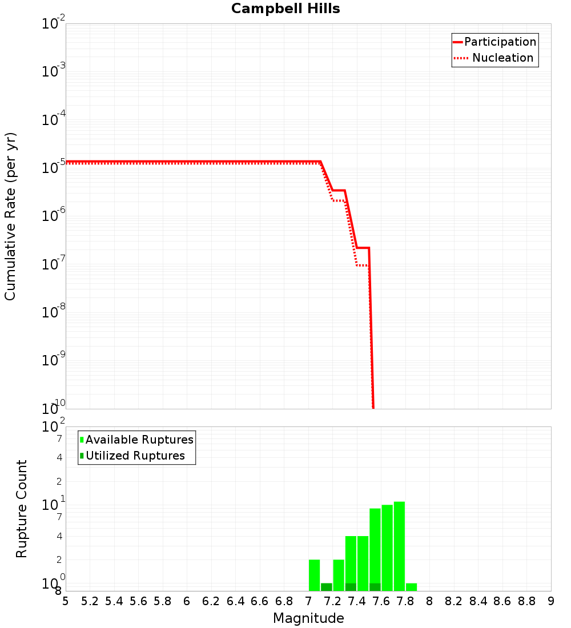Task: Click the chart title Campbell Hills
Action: [285, 9]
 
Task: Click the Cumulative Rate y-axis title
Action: [10, 216]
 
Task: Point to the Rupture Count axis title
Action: [22, 509]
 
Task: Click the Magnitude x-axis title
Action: [308, 619]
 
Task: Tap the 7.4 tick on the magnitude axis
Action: [357, 601]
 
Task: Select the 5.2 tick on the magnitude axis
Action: [90, 601]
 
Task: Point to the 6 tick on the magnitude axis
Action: [187, 601]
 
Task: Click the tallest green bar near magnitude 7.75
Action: [399, 546]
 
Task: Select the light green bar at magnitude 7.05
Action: [314, 575]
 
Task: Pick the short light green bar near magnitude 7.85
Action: [411, 587]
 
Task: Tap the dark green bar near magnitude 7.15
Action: [327, 587]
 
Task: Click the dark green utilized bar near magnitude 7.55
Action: [375, 587]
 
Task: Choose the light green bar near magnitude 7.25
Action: [339, 575]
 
